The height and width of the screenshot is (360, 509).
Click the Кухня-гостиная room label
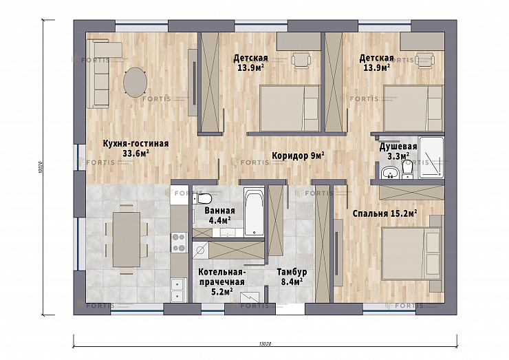(x=136, y=148)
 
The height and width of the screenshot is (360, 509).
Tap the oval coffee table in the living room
(x=135, y=82)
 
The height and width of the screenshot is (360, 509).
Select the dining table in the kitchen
(x=127, y=240)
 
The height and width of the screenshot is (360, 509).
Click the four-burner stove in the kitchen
(x=179, y=242)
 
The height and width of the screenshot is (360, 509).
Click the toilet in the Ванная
(x=202, y=198)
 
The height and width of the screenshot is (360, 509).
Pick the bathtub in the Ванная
(x=254, y=212)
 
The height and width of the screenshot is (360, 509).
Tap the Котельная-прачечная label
(x=221, y=282)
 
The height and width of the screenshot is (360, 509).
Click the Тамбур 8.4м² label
(x=292, y=277)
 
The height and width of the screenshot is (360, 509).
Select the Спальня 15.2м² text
(x=385, y=213)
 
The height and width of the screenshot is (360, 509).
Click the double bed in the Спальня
(x=411, y=253)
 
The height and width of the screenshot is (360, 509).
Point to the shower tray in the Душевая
(x=431, y=157)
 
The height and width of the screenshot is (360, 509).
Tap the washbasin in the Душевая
(x=388, y=172)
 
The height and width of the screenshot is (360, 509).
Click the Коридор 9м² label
(x=299, y=156)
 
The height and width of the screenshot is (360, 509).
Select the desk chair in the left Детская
(x=301, y=61)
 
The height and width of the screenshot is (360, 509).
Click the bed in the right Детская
(x=413, y=108)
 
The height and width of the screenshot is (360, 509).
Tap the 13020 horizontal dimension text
(x=266, y=343)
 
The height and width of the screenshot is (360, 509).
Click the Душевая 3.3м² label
(x=398, y=151)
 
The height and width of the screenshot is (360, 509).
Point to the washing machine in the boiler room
(x=200, y=250)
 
